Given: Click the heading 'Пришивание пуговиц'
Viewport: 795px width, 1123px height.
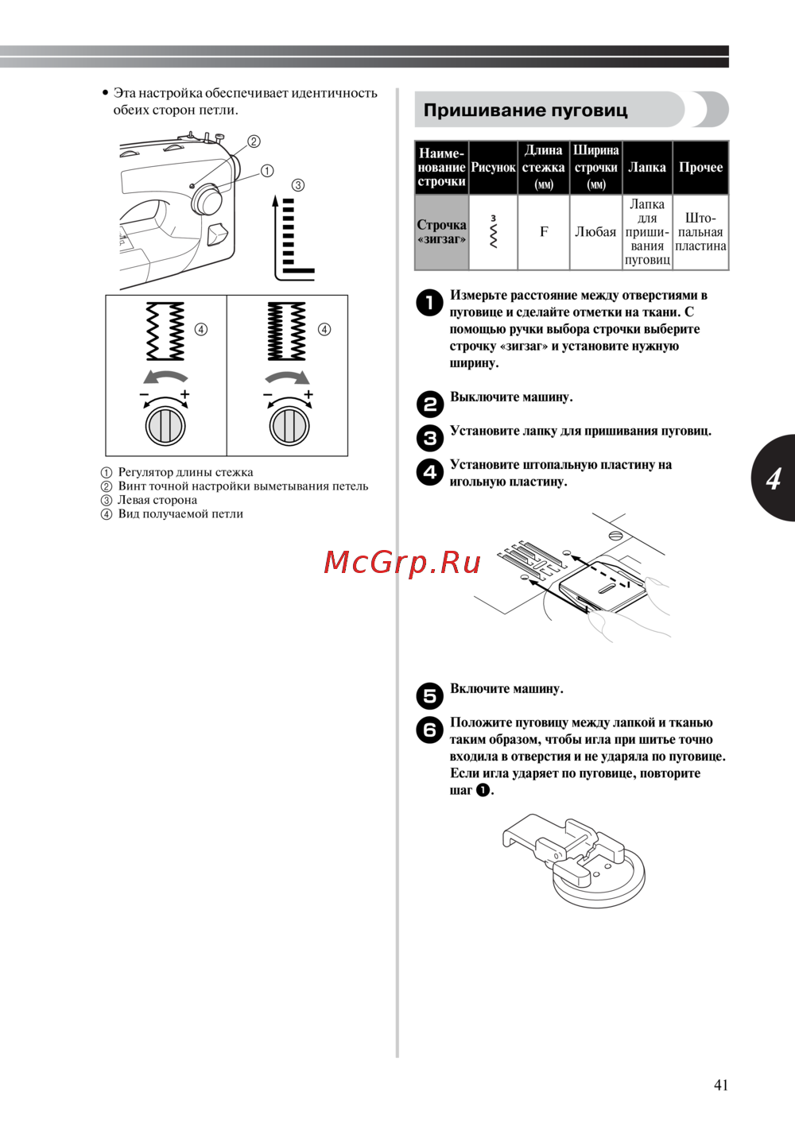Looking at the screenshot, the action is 525,110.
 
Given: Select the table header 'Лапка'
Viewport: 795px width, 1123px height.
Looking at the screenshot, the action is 647,167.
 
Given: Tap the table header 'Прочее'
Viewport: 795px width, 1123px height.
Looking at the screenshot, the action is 700,167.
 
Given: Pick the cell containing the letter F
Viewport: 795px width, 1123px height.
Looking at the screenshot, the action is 544,231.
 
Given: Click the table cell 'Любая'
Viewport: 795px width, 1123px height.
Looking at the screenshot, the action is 595,231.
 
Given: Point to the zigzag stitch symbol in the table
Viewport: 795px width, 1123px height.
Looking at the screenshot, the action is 494,232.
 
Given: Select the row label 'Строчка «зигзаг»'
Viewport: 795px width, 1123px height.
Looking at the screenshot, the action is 441,231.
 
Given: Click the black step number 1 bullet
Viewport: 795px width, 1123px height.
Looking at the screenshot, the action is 430,302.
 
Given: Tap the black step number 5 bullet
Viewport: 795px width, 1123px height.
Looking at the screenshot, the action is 430,696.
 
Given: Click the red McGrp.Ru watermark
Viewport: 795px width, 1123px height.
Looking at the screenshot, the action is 402,563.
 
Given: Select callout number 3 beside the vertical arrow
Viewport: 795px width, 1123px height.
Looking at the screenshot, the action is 298,185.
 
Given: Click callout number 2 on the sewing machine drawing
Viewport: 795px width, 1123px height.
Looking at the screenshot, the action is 254,141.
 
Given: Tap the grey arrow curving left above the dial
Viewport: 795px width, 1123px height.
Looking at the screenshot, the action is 165,377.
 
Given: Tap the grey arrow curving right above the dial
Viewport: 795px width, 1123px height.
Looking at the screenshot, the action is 288,377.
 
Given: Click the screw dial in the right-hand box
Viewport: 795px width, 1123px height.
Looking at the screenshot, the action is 289,427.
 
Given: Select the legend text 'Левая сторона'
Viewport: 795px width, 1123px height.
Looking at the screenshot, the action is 157,500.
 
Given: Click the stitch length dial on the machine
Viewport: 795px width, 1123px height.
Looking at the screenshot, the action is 206,199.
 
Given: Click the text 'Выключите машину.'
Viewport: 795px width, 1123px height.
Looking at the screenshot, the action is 511,397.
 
